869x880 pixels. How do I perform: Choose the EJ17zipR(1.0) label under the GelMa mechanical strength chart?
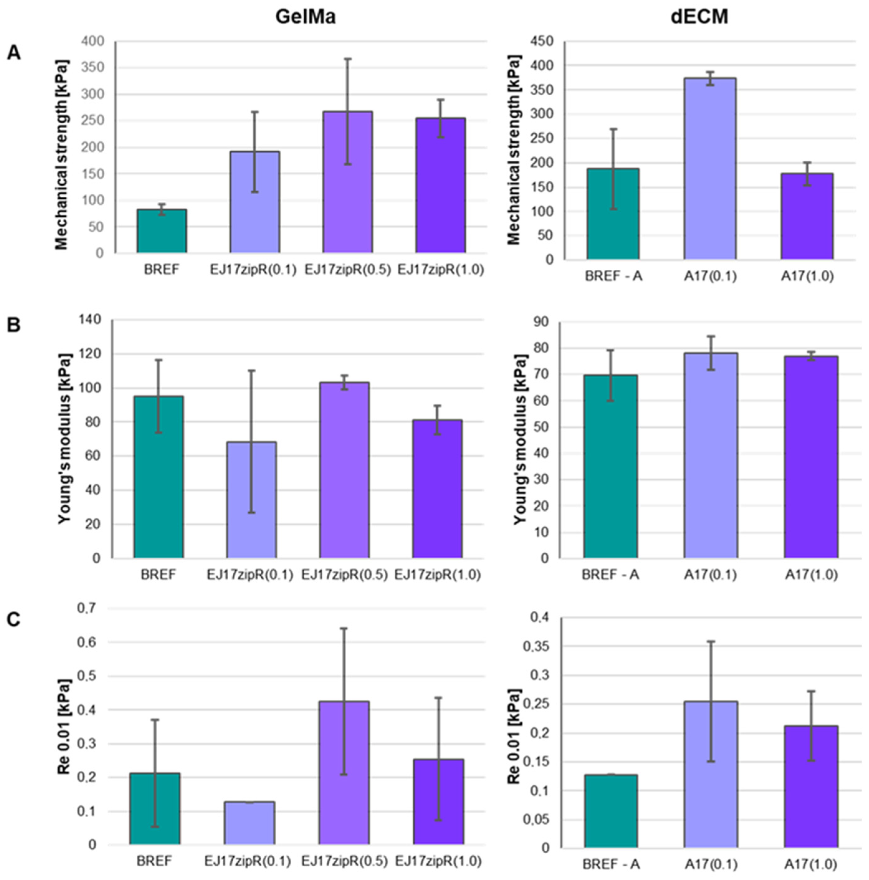click(441, 270)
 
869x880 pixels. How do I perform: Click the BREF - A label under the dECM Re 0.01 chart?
click(610, 864)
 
